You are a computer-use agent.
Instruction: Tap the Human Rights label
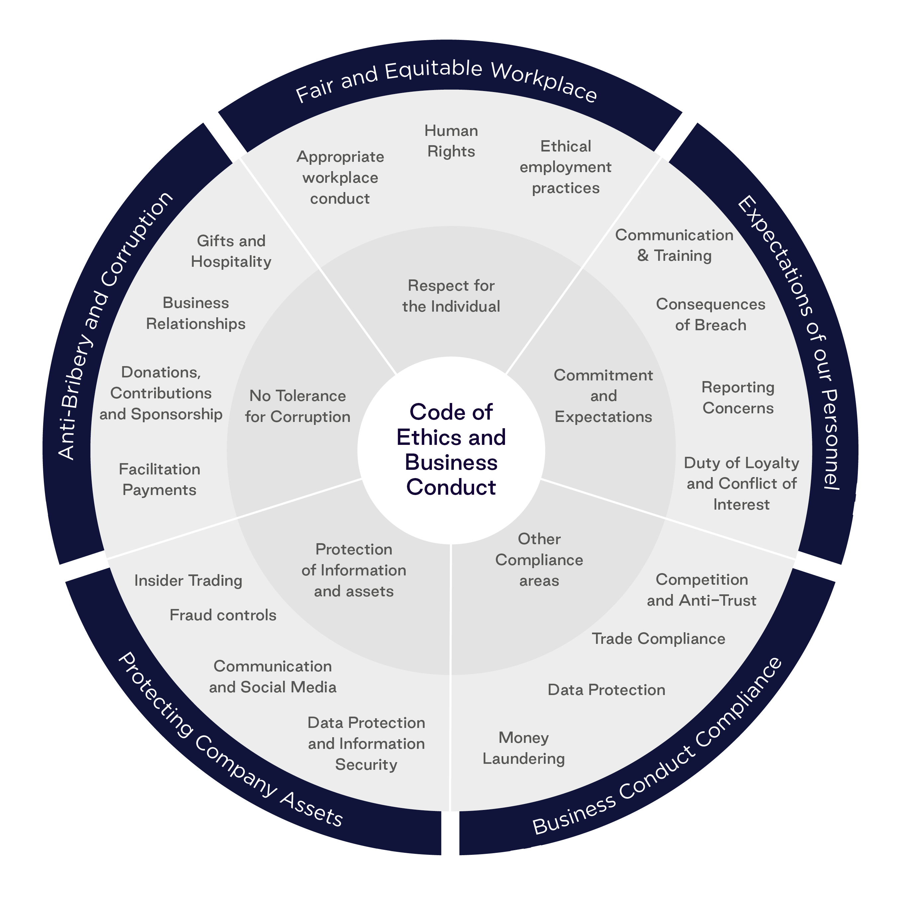451,141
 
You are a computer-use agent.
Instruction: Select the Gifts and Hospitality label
231,251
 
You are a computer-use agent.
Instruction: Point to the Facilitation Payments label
159,479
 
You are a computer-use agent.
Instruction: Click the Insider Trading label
188,581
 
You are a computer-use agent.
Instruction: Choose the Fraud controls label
223,615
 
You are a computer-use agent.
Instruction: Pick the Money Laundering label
523,748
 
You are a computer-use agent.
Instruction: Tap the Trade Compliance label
658,639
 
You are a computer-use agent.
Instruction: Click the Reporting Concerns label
738,397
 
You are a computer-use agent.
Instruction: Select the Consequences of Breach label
710,314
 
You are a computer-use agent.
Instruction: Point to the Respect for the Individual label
451,296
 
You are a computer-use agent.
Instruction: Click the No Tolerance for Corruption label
298,406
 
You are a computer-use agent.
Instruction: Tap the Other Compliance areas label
539,559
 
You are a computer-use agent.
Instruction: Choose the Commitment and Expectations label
603,396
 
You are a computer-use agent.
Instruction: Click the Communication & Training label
674,245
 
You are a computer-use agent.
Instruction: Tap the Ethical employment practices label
565,167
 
